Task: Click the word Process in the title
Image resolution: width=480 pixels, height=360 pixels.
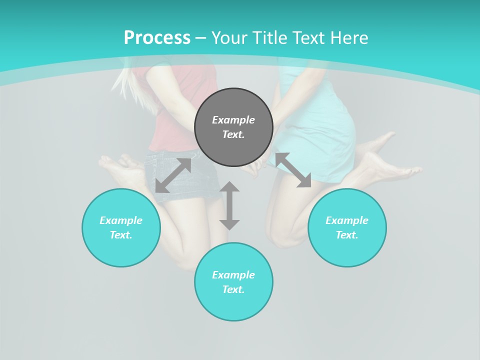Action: click(x=157, y=38)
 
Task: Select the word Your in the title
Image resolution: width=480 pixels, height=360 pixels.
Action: click(x=228, y=38)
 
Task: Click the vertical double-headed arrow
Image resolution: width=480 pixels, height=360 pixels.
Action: click(x=229, y=205)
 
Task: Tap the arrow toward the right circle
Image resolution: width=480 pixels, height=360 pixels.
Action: click(x=293, y=170)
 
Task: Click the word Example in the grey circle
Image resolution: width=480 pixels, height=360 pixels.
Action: click(x=233, y=120)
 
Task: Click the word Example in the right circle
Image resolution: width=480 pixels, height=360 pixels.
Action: click(x=347, y=220)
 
